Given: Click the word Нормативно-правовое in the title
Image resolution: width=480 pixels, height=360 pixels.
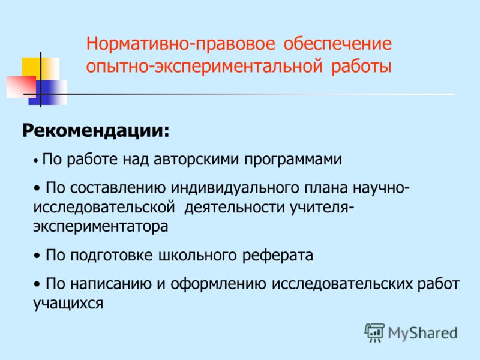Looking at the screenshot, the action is tap(181, 44).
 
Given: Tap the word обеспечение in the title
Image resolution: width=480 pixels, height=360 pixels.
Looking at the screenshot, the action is tap(337, 44).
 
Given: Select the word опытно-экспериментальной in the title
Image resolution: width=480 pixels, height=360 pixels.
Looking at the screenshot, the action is tap(204, 67).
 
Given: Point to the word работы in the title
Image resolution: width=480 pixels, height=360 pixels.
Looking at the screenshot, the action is tap(362, 67).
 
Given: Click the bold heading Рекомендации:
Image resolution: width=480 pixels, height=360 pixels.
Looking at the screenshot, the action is tap(96, 131).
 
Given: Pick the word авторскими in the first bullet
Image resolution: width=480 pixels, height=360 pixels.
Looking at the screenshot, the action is tap(196, 159).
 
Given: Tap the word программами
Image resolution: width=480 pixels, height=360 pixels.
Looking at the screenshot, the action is tap(293, 160).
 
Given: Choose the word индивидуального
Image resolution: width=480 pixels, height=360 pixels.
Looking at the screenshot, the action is tap(235, 188).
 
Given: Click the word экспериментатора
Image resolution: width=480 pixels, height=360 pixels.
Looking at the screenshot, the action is tap(101, 227).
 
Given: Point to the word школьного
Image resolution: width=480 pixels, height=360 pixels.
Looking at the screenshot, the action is tap(197, 256).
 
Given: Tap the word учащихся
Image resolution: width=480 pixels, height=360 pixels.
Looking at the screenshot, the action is tap(68, 304).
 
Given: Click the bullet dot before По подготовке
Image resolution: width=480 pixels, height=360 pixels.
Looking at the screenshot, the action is tap(37, 256).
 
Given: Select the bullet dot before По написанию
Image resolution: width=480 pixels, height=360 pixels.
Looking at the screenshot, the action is tap(37, 284).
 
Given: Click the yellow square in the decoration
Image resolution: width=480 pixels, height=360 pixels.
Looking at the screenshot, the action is tap(40, 68).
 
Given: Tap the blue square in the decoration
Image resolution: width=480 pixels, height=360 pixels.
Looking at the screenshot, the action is tap(48, 92).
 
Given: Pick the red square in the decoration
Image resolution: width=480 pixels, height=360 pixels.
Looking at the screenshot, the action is tap(21, 87).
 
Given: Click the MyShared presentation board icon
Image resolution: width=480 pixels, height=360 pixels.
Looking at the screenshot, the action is tap(374, 332).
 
